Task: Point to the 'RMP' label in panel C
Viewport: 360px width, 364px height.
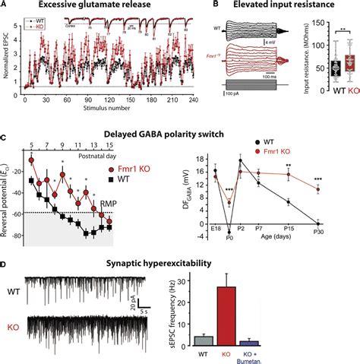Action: tap(109, 204)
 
